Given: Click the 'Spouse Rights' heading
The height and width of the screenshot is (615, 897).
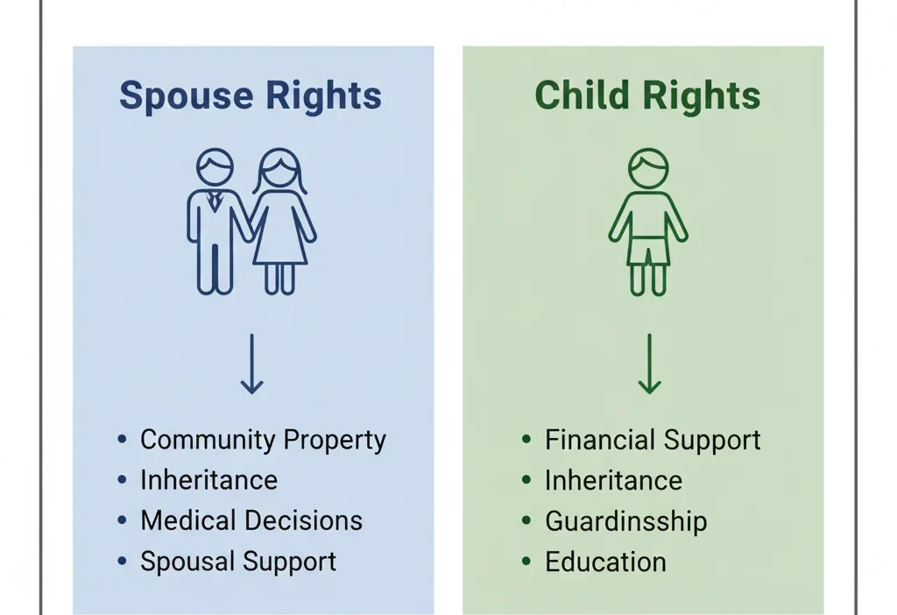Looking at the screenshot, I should [251, 95].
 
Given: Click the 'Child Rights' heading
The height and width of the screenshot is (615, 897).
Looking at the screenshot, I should [647, 95].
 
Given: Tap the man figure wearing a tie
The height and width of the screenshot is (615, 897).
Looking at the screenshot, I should [215, 223].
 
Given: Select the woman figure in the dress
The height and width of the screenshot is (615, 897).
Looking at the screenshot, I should [280, 223].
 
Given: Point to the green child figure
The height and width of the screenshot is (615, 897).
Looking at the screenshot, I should [648, 223].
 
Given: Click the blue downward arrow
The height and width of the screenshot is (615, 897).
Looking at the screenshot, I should [251, 364].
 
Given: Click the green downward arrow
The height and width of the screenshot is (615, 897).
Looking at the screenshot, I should [649, 364].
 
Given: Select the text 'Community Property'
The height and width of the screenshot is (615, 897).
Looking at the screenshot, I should [263, 440].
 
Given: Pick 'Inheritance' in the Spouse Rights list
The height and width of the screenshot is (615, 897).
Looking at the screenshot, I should [208, 480].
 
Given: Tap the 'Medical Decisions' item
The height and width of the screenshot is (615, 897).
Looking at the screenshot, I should [251, 520].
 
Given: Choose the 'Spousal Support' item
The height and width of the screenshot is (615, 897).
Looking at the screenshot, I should [238, 562].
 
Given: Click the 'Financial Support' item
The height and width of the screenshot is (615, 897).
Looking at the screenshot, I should [653, 440].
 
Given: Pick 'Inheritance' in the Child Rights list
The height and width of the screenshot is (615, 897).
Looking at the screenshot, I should [613, 480].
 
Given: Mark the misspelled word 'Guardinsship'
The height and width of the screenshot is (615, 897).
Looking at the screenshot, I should [625, 521].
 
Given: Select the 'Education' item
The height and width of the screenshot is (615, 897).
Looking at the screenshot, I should [605, 562].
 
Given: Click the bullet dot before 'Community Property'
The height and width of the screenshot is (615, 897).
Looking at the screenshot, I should [122, 439].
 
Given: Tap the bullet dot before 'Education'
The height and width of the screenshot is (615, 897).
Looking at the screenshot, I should [526, 561].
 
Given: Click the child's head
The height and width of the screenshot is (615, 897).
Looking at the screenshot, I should [648, 168].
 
